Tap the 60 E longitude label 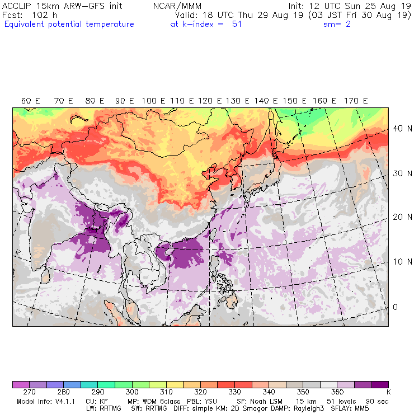pyautogui.click(x=30, y=101)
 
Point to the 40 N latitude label pyautogui.click(x=398, y=128)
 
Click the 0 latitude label pyautogui.click(x=394, y=307)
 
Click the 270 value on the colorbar pyautogui.click(x=30, y=393)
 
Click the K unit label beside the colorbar pyautogui.click(x=388, y=393)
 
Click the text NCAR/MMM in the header pyautogui.click(x=177, y=6)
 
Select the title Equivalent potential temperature pyautogui.click(x=69, y=25)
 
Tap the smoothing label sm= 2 pyautogui.click(x=337, y=25)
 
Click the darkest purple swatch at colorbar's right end pyautogui.click(x=381, y=384)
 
